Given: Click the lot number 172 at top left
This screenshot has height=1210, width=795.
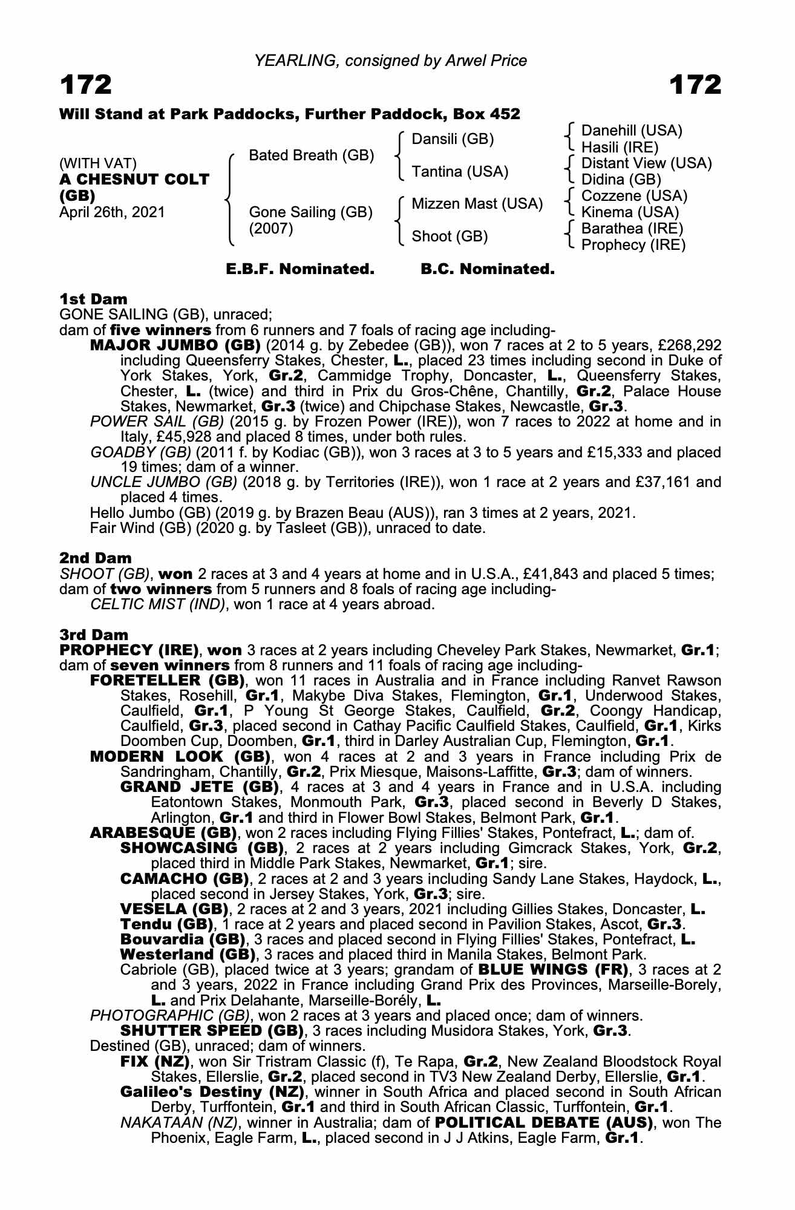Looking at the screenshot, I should pos(86,85).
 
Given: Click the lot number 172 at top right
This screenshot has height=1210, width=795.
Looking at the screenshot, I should pos(695,85).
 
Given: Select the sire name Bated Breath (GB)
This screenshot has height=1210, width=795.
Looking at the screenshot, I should pos(312,155).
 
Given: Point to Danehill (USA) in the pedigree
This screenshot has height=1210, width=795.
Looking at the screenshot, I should pos(632,131).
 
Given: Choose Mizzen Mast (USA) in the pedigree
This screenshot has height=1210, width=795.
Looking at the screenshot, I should pos(477,204).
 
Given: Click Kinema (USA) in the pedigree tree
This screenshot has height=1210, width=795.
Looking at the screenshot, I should pos(630,212).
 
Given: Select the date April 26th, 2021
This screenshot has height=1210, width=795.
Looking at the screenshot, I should pos(112,212).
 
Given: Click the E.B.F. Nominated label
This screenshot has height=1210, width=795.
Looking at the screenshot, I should pos(300,269).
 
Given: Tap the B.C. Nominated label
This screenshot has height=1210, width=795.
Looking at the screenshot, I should pos(487,269).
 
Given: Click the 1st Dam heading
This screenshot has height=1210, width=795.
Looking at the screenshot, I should pos(94,299).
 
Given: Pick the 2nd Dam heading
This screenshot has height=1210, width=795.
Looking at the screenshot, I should pos(96,558).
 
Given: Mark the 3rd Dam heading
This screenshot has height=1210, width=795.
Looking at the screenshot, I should pos(94,635).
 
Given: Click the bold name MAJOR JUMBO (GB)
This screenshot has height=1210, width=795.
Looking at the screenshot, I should pos(175,345).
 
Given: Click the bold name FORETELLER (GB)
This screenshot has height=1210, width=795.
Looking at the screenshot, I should pos(167,680).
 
